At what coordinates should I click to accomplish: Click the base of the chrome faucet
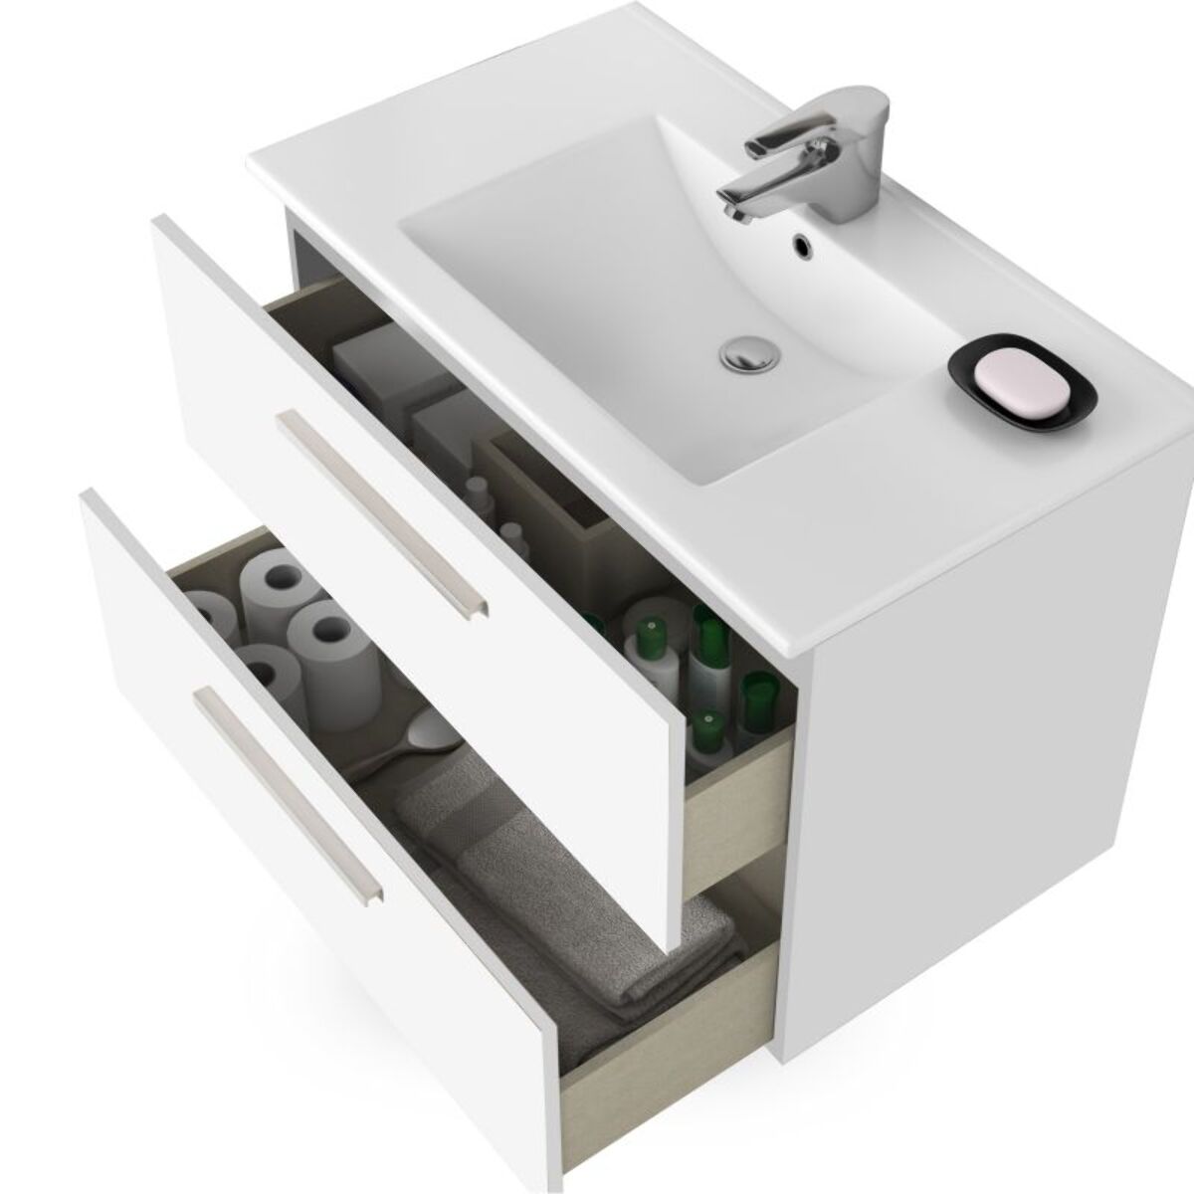(x=831, y=194)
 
